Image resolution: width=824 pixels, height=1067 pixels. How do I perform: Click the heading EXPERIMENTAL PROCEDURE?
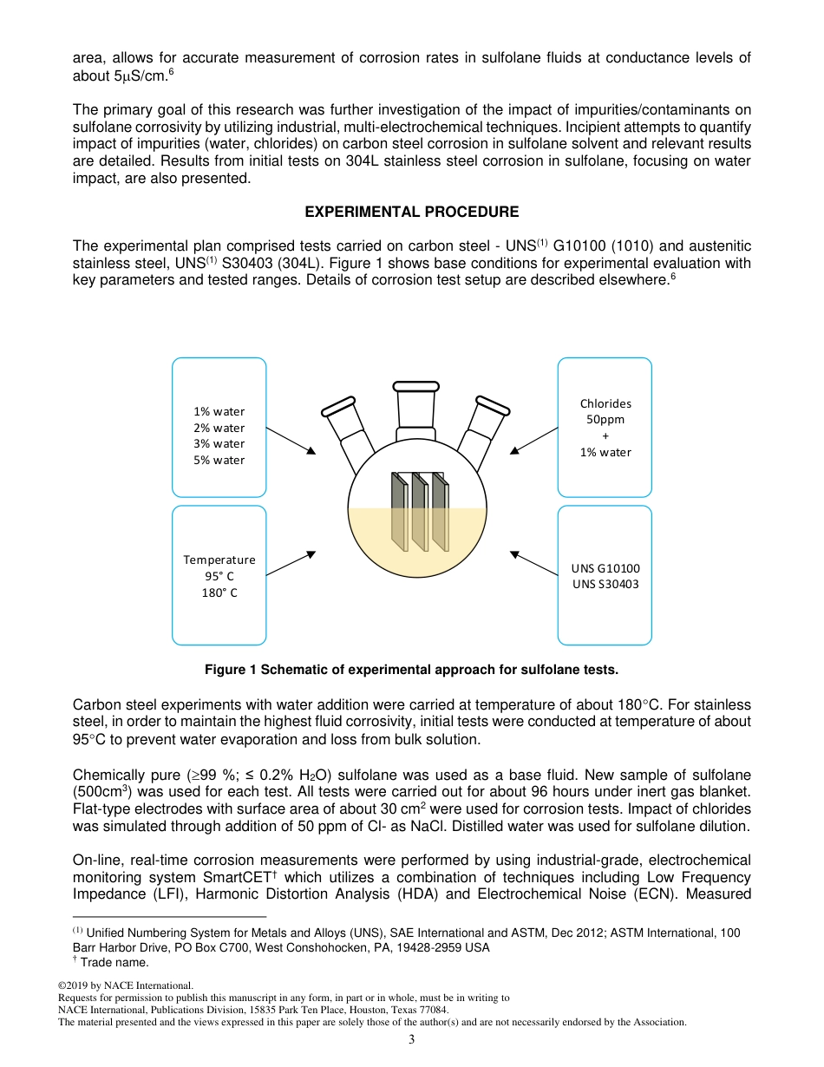tap(412, 212)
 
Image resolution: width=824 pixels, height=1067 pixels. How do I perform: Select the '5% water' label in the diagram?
tap(219, 460)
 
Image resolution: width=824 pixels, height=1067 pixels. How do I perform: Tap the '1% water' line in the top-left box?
tap(219, 411)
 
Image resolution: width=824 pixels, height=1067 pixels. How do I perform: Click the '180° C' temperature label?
tap(219, 592)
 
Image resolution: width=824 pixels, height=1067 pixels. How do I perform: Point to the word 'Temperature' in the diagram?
tap(219, 560)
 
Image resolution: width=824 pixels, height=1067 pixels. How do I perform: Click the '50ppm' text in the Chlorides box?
tap(605, 419)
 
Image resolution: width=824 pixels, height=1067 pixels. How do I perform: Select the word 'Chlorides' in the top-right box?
tap(605, 403)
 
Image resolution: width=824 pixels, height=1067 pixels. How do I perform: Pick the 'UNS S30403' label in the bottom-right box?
tap(605, 584)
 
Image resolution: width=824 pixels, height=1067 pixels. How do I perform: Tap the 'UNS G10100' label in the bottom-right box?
tap(605, 568)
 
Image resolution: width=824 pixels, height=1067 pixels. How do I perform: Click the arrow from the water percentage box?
tap(291, 440)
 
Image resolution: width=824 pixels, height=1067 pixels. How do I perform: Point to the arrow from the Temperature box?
tap(291, 563)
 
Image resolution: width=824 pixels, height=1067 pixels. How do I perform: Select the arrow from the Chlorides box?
tap(534, 440)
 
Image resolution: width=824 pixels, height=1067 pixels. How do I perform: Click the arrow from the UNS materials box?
tap(534, 563)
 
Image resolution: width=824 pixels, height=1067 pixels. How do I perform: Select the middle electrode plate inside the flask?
tap(418, 512)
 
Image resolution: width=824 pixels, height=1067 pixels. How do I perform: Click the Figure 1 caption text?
tap(411, 670)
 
